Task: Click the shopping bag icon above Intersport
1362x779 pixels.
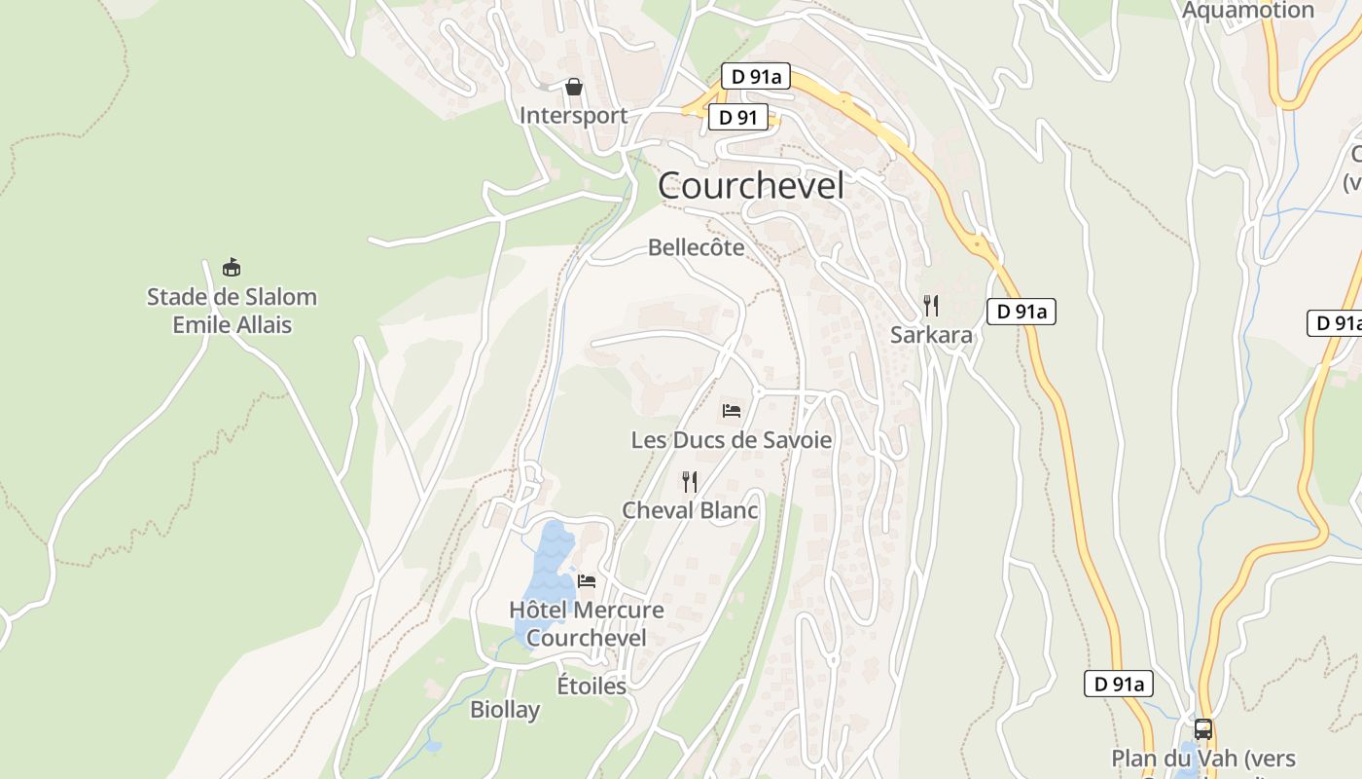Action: (x=574, y=88)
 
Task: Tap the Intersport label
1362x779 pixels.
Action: (x=573, y=115)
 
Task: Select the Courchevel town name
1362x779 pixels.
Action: (x=751, y=185)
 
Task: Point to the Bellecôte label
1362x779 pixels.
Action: (x=697, y=247)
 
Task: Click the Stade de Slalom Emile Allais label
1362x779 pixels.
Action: (x=232, y=311)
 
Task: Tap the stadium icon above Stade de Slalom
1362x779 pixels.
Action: (x=232, y=267)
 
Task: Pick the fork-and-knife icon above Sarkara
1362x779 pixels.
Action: (x=931, y=306)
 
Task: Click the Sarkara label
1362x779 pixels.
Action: (x=931, y=335)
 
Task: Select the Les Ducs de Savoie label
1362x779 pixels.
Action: (x=732, y=440)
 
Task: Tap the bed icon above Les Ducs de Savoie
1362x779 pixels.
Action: (x=732, y=411)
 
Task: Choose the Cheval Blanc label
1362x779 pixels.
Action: (x=690, y=510)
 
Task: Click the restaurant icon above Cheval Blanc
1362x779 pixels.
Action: (x=690, y=482)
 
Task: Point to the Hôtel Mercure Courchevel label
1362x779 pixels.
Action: (x=587, y=623)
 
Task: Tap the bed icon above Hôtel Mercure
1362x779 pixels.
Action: (x=587, y=581)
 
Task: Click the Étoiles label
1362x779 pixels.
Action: (x=591, y=686)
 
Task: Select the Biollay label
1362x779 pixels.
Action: (x=505, y=710)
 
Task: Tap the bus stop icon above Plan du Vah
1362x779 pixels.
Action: (x=1203, y=729)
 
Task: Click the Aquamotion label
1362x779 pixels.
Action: (x=1248, y=11)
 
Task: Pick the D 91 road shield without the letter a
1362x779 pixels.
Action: (x=738, y=118)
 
